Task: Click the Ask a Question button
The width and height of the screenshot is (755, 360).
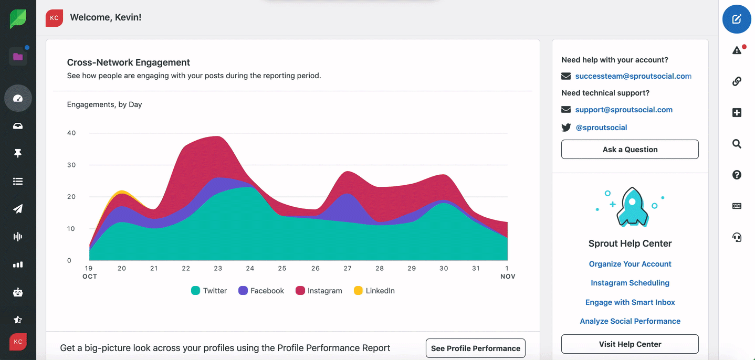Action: coord(630,150)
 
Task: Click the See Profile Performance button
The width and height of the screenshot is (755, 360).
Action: coord(475,348)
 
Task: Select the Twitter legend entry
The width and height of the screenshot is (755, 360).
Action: coord(209,291)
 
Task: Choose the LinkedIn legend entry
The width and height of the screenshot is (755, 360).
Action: coord(374,291)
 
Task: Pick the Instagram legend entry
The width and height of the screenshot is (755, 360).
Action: coord(319,291)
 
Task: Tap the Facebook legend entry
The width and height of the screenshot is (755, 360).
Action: coord(261,291)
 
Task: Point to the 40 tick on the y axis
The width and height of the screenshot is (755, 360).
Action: coord(71,133)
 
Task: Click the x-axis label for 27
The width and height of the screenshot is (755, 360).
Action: coord(348,268)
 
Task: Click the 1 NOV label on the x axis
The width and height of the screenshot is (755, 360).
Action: coord(507,272)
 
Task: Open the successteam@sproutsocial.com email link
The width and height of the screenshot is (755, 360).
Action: coord(633,76)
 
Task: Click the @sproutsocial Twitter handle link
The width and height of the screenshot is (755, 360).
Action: coord(601,128)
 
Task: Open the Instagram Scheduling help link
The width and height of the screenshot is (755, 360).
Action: coord(630,283)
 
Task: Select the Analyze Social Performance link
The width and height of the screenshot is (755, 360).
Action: coord(630,321)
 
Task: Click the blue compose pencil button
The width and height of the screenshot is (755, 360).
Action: coord(737,19)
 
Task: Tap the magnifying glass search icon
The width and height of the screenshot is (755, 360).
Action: coord(737,144)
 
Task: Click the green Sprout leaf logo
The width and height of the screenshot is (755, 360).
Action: coord(18,19)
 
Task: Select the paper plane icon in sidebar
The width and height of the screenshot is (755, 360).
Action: coord(18,209)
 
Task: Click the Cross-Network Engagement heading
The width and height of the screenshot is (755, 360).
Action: coord(129,62)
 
